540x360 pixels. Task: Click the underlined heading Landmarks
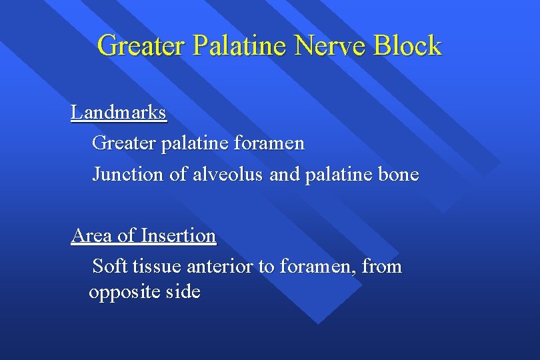(x=119, y=113)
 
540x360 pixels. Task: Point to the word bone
(x=398, y=175)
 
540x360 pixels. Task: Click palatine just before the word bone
(x=339, y=175)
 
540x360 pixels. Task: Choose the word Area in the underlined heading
(x=92, y=235)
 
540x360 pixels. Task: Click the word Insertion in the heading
(x=179, y=235)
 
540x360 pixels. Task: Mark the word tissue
(x=157, y=267)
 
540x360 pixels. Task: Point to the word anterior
(x=221, y=267)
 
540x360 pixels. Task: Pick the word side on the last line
(x=182, y=293)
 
